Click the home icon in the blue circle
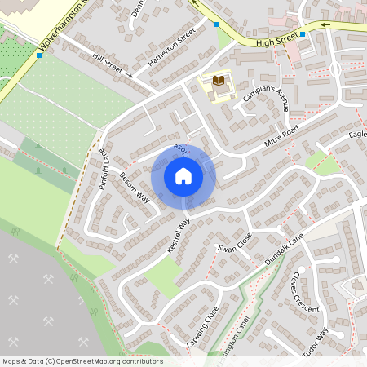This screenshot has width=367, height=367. coord(183,175)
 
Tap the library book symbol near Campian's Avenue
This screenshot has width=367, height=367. coord(218,80)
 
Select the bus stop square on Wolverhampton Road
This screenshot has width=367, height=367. coord(39,55)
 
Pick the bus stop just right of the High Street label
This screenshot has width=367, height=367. coord(302,34)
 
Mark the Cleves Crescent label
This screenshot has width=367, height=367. coord(303,293)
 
